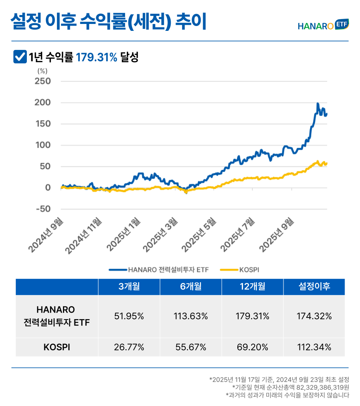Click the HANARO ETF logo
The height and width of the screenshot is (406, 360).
click(323, 25)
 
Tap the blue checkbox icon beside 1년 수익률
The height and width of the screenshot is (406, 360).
click(19, 57)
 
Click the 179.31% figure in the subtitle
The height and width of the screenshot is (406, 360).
click(97, 57)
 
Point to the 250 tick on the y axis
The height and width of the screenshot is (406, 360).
click(43, 81)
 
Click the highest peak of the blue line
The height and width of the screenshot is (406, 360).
click(318, 104)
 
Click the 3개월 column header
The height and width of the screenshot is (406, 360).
click(129, 287)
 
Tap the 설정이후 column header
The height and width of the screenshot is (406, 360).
click(314, 287)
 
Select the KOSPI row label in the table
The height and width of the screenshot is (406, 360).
click(56, 347)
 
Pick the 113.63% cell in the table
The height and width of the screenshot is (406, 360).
click(191, 316)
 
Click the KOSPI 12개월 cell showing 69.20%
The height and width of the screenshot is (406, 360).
click(252, 347)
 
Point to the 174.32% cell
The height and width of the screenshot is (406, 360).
click(314, 316)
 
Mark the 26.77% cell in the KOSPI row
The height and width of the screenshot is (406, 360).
click(129, 347)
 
